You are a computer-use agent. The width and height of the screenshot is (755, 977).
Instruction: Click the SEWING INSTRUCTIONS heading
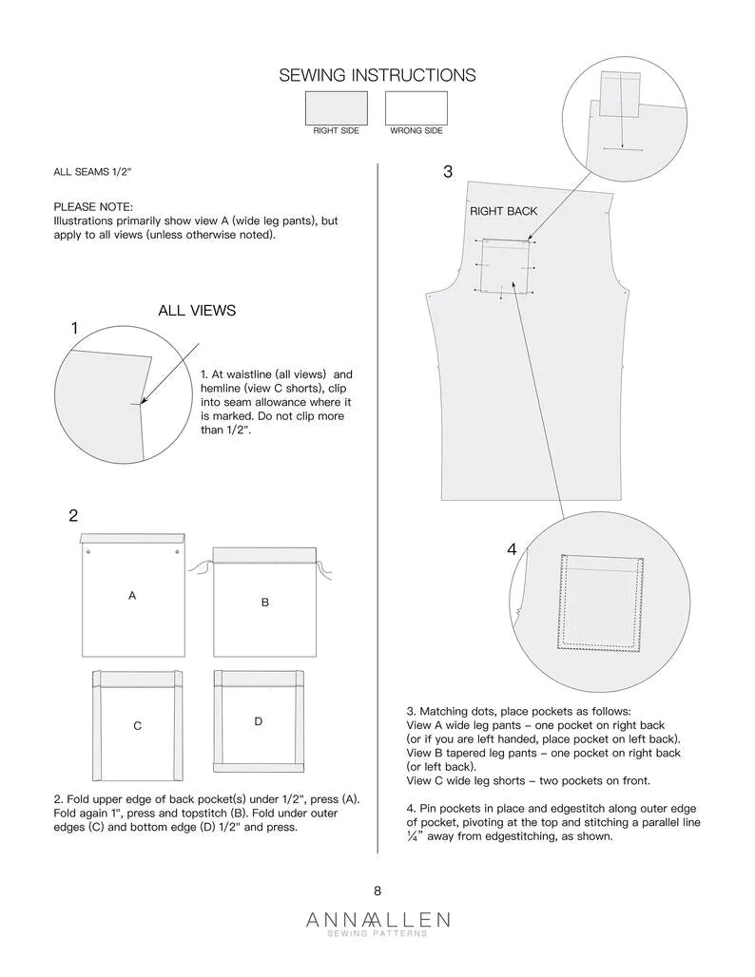click(377, 75)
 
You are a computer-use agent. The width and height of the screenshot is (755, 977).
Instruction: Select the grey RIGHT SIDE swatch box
click(337, 107)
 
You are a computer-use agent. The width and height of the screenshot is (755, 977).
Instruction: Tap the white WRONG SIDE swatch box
click(416, 107)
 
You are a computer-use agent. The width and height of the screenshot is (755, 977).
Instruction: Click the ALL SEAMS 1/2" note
click(92, 172)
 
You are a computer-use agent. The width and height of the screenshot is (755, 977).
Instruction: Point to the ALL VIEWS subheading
click(197, 311)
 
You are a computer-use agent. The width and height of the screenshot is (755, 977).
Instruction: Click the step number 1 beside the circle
click(75, 328)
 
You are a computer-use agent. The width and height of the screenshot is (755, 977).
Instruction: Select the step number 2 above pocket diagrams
click(73, 516)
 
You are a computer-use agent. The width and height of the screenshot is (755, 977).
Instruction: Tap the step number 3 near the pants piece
click(448, 172)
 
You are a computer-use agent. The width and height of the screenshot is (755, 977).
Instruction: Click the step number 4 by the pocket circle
click(512, 549)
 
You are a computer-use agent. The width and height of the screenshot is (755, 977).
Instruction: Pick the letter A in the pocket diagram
click(132, 595)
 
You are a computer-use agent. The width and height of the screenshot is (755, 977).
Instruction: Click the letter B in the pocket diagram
click(265, 603)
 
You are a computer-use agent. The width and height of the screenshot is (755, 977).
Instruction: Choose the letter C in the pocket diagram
click(137, 726)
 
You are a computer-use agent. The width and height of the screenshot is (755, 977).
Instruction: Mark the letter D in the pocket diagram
click(258, 722)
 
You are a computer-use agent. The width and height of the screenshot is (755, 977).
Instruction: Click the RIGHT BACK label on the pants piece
click(503, 211)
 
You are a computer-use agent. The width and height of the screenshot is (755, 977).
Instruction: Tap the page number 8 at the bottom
click(377, 891)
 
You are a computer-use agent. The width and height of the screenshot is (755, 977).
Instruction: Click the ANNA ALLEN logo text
click(377, 920)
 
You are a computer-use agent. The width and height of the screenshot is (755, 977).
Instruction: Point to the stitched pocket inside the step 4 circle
click(601, 603)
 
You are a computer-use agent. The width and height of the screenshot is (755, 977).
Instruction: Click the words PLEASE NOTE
click(93, 206)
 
